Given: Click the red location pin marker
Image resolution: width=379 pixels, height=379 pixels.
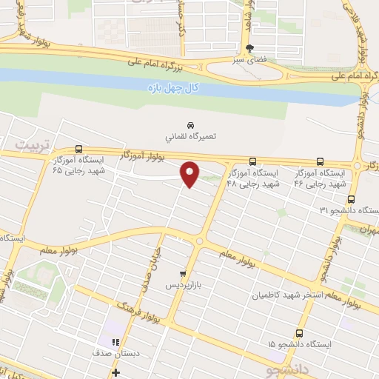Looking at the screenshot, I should [191, 174].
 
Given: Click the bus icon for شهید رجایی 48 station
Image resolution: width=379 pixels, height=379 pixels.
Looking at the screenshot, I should [253, 161].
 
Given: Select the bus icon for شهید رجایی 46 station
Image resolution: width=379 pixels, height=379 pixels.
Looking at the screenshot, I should [320, 161].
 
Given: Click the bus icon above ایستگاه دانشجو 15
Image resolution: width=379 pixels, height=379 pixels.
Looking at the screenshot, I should [299, 333].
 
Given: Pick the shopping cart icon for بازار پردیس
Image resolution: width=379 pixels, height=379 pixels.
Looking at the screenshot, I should [183, 272].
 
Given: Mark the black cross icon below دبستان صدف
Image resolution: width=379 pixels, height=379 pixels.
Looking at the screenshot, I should [115, 372].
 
